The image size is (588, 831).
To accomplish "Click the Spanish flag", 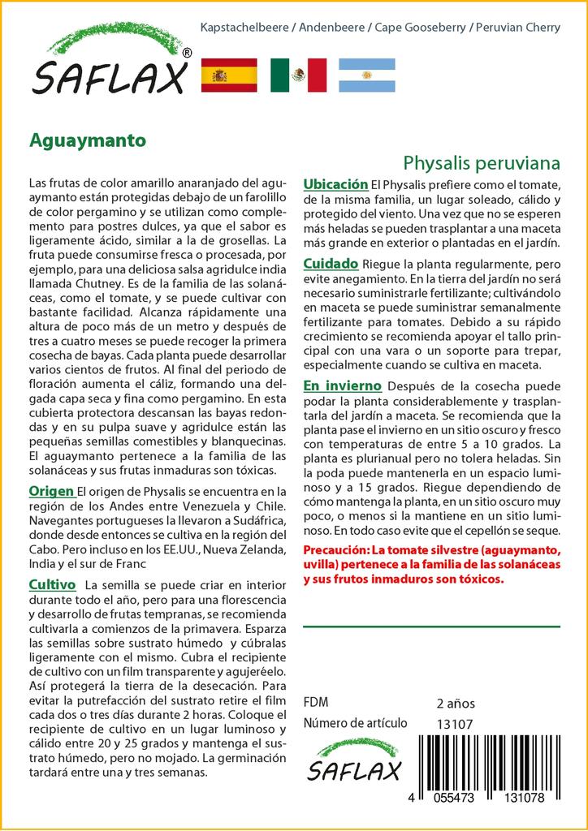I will point(228,75).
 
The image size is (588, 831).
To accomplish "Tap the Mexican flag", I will point(298,75).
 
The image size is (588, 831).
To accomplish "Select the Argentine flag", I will point(366,75).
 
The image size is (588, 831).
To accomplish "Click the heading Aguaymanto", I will point(88,140).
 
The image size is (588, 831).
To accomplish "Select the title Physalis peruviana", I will point(482,162).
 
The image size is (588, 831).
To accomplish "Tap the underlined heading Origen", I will point(52,491).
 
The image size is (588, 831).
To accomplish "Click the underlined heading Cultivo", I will point(52,584).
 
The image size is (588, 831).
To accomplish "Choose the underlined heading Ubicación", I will point(335,185).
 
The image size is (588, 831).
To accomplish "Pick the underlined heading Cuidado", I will point(331,264).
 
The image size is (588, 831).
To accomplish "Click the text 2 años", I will point(456,704).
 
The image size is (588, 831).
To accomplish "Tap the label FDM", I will point(316,703).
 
